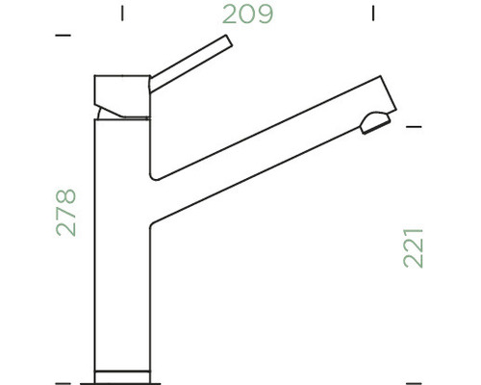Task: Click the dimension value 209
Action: click(x=248, y=14)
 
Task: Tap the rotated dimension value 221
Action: click(x=415, y=246)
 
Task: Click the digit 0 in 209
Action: click(x=248, y=14)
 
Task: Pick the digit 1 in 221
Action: click(x=415, y=230)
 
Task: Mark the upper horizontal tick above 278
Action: click(x=64, y=36)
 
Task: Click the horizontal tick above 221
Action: click(x=415, y=125)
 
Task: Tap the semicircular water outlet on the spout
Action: click(x=370, y=121)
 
